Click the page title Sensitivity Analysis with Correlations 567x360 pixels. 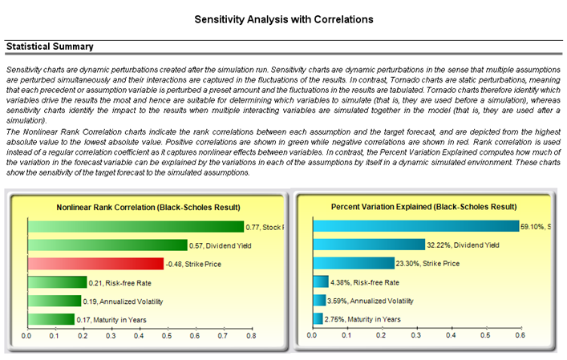click(x=283, y=18)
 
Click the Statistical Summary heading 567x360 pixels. click(x=50, y=47)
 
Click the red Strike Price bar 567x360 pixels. click(x=95, y=264)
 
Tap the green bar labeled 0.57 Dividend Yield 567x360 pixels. click(x=107, y=245)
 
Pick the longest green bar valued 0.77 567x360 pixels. click(x=136, y=227)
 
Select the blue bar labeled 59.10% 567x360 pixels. click(x=416, y=227)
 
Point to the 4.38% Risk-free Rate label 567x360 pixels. click(x=365, y=282)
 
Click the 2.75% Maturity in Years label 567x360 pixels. click(x=362, y=319)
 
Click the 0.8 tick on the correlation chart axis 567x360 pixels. click(x=250, y=336)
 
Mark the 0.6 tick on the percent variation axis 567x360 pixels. click(x=518, y=336)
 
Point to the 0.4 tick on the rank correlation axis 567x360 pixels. click(x=138, y=336)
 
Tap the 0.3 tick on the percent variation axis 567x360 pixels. click(x=415, y=336)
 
